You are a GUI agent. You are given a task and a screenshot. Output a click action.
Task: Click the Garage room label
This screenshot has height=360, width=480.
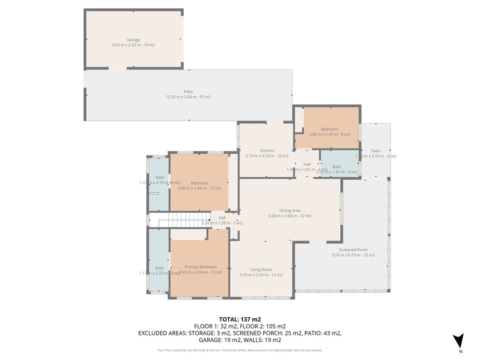tap(134, 40)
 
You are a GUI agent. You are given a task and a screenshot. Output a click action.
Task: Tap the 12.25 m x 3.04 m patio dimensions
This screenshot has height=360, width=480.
tap(188, 97)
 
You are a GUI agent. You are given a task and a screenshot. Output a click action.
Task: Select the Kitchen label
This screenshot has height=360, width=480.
tap(267, 150)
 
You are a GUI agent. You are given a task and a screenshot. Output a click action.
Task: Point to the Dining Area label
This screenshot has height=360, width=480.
tap(290, 210)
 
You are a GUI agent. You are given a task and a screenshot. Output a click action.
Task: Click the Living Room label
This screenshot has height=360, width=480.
tap(261, 270)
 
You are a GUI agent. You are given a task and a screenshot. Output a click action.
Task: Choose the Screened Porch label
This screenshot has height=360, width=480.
tap(353, 250)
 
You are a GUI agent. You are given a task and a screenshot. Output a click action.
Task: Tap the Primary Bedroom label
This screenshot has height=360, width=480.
tap(200, 267)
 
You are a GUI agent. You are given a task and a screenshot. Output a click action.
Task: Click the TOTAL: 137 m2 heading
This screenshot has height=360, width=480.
tap(240, 319)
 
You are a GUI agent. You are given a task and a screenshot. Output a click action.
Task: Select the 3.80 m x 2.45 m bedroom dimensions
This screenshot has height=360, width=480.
tap(329, 135)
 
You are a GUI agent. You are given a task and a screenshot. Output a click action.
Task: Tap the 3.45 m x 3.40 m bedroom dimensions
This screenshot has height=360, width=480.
tap(199, 188)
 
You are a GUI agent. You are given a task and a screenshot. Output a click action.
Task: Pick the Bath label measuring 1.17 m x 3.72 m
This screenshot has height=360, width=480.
tap(160, 268)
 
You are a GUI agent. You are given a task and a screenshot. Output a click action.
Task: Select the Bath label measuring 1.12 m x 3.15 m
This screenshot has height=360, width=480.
tap(160, 177)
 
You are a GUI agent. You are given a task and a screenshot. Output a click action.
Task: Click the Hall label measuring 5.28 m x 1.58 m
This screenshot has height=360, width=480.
tap(222, 217)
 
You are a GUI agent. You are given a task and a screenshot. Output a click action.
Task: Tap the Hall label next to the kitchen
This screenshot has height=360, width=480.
tap(307, 164)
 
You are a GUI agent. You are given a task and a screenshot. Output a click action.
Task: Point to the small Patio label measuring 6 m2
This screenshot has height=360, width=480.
tap(375, 150)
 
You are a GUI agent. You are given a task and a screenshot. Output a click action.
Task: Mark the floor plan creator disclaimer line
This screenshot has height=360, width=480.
tap(240, 350)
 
